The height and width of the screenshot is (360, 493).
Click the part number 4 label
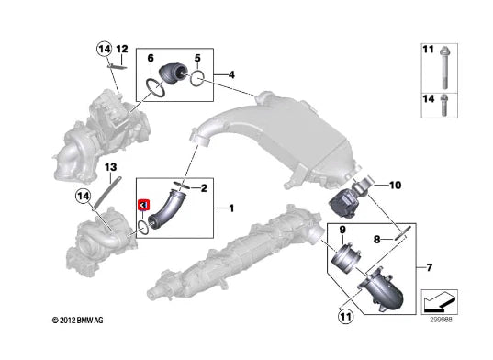point(231,74)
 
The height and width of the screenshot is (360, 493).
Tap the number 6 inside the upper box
point(151,58)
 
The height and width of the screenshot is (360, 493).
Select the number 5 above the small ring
point(197,58)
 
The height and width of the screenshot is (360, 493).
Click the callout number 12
point(122,49)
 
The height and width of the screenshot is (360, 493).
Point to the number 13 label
point(111,167)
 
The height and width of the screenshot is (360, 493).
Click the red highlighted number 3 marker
point(144,205)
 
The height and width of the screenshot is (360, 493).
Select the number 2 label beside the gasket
point(204,188)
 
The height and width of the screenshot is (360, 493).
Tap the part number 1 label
point(231,208)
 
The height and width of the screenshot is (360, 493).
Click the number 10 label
point(395,186)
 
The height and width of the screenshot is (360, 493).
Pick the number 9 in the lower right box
point(342,231)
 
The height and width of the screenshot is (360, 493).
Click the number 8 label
point(377,240)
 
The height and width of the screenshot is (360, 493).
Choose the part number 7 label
point(430,267)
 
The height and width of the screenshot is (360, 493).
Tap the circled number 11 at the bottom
point(345,316)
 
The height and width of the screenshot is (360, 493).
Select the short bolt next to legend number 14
point(444,105)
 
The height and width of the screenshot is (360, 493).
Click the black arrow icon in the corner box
point(440,302)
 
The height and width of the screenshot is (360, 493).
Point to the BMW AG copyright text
point(77,321)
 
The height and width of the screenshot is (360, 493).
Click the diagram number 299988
point(441,320)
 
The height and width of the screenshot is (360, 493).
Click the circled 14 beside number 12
point(104,49)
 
